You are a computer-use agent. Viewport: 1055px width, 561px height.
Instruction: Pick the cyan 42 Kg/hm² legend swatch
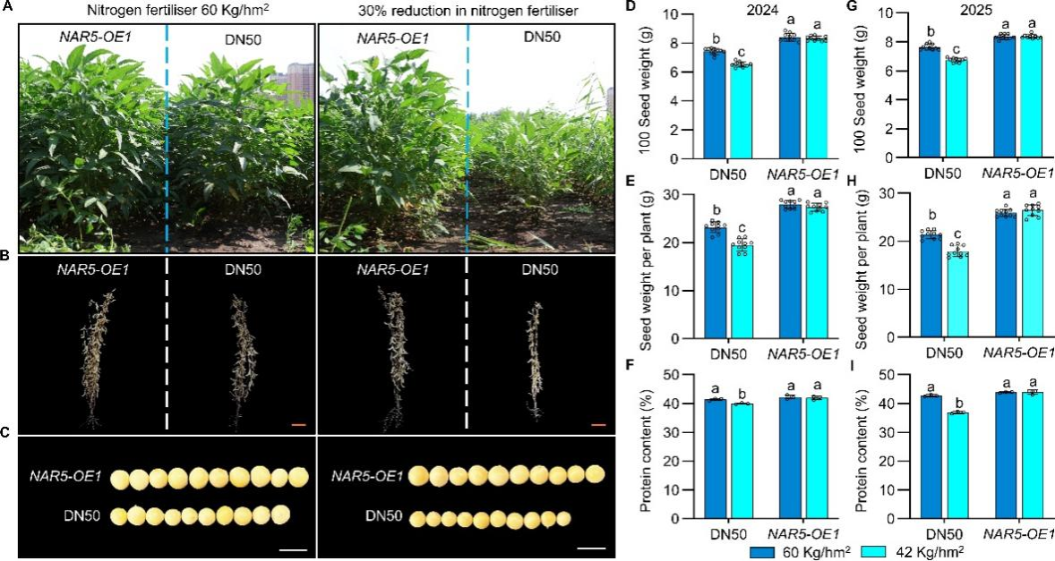coord(867,551)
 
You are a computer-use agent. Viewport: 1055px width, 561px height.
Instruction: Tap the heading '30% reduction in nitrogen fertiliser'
coord(467,10)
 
